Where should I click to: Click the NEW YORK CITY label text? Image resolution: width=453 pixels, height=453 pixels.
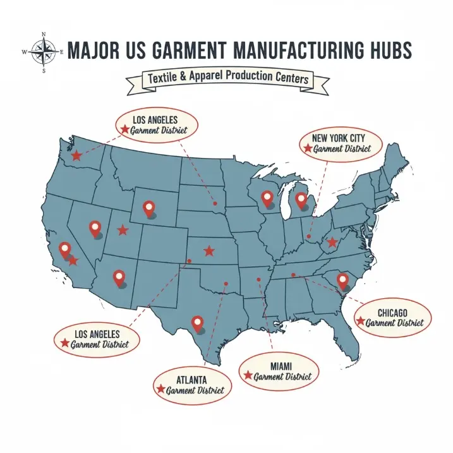coord(338,137)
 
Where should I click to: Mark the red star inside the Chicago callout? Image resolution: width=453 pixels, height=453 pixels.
coord(360,322)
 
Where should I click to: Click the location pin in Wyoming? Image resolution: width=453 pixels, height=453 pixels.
coord(149,207)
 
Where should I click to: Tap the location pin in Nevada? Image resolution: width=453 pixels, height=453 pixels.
coord(95,228)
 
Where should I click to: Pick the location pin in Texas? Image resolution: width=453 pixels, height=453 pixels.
coord(197,323)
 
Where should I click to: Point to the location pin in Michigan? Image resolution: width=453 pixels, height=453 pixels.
coord(301,200)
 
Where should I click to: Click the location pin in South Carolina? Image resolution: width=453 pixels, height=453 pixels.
coord(343,279)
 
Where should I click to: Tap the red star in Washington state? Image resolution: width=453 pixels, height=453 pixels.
coord(76,155)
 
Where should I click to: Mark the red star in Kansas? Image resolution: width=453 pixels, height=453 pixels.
coord(209,251)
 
